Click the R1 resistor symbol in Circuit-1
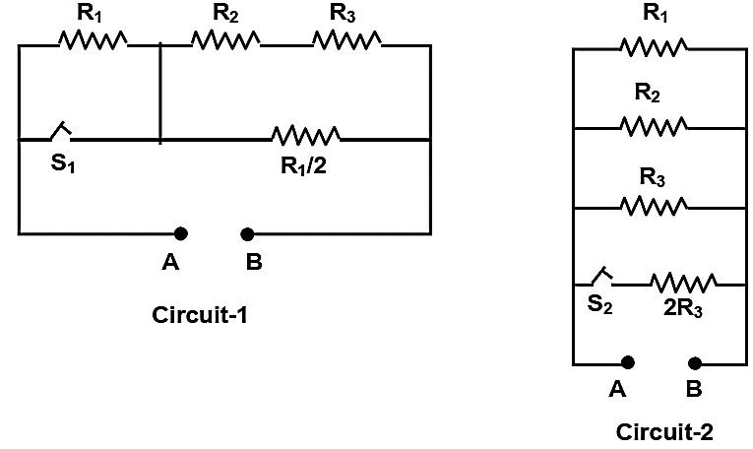pyautogui.click(x=93, y=40)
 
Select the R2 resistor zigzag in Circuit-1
pyautogui.click(x=225, y=40)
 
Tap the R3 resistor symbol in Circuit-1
pyautogui.click(x=347, y=40)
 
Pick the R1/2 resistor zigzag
pyautogui.click(x=306, y=136)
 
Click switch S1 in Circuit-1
pyautogui.click(x=60, y=132)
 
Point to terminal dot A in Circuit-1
pyautogui.click(x=180, y=234)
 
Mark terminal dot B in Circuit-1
pyautogui.click(x=247, y=234)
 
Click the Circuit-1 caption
pyautogui.click(x=200, y=315)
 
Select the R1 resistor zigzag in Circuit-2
pyautogui.click(x=654, y=47)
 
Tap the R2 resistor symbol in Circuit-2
pyautogui.click(x=654, y=126)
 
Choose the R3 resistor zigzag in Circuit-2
pyautogui.click(x=654, y=206)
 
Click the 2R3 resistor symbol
pyautogui.click(x=684, y=283)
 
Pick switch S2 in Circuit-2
pyautogui.click(x=602, y=277)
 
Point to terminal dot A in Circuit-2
pyautogui.click(x=628, y=362)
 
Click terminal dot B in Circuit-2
pyautogui.click(x=694, y=363)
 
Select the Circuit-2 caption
pyautogui.click(x=664, y=431)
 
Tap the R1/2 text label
pyautogui.click(x=303, y=166)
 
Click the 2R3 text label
pyautogui.click(x=683, y=308)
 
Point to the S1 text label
pyautogui.click(x=63, y=163)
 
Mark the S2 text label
pyautogui.click(x=600, y=304)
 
